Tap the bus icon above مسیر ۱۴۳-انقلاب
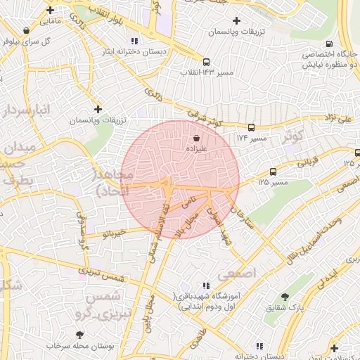pos(206,62)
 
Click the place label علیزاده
pos(195,149)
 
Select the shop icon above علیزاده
pos(195,139)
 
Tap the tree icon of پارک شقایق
pos(284,297)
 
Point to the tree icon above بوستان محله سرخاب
pos(78,335)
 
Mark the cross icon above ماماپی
pos(50,11)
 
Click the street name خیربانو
pos(112,231)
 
